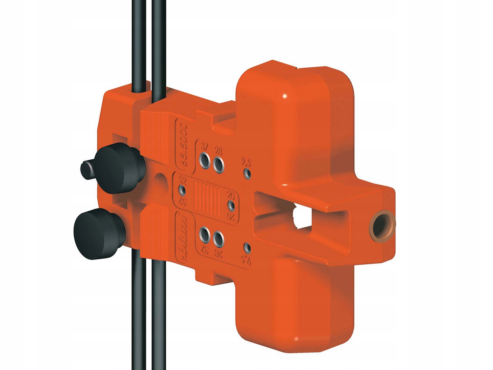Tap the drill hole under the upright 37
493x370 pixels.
(204, 161)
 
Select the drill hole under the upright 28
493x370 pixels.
(218, 164)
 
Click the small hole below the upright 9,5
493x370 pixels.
(247, 173)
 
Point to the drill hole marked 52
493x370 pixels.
(182, 190)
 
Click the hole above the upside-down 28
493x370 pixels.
(218, 238)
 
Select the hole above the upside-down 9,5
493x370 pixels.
(247, 248)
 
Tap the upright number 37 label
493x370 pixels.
(204, 147)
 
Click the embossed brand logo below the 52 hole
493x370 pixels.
(183, 237)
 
